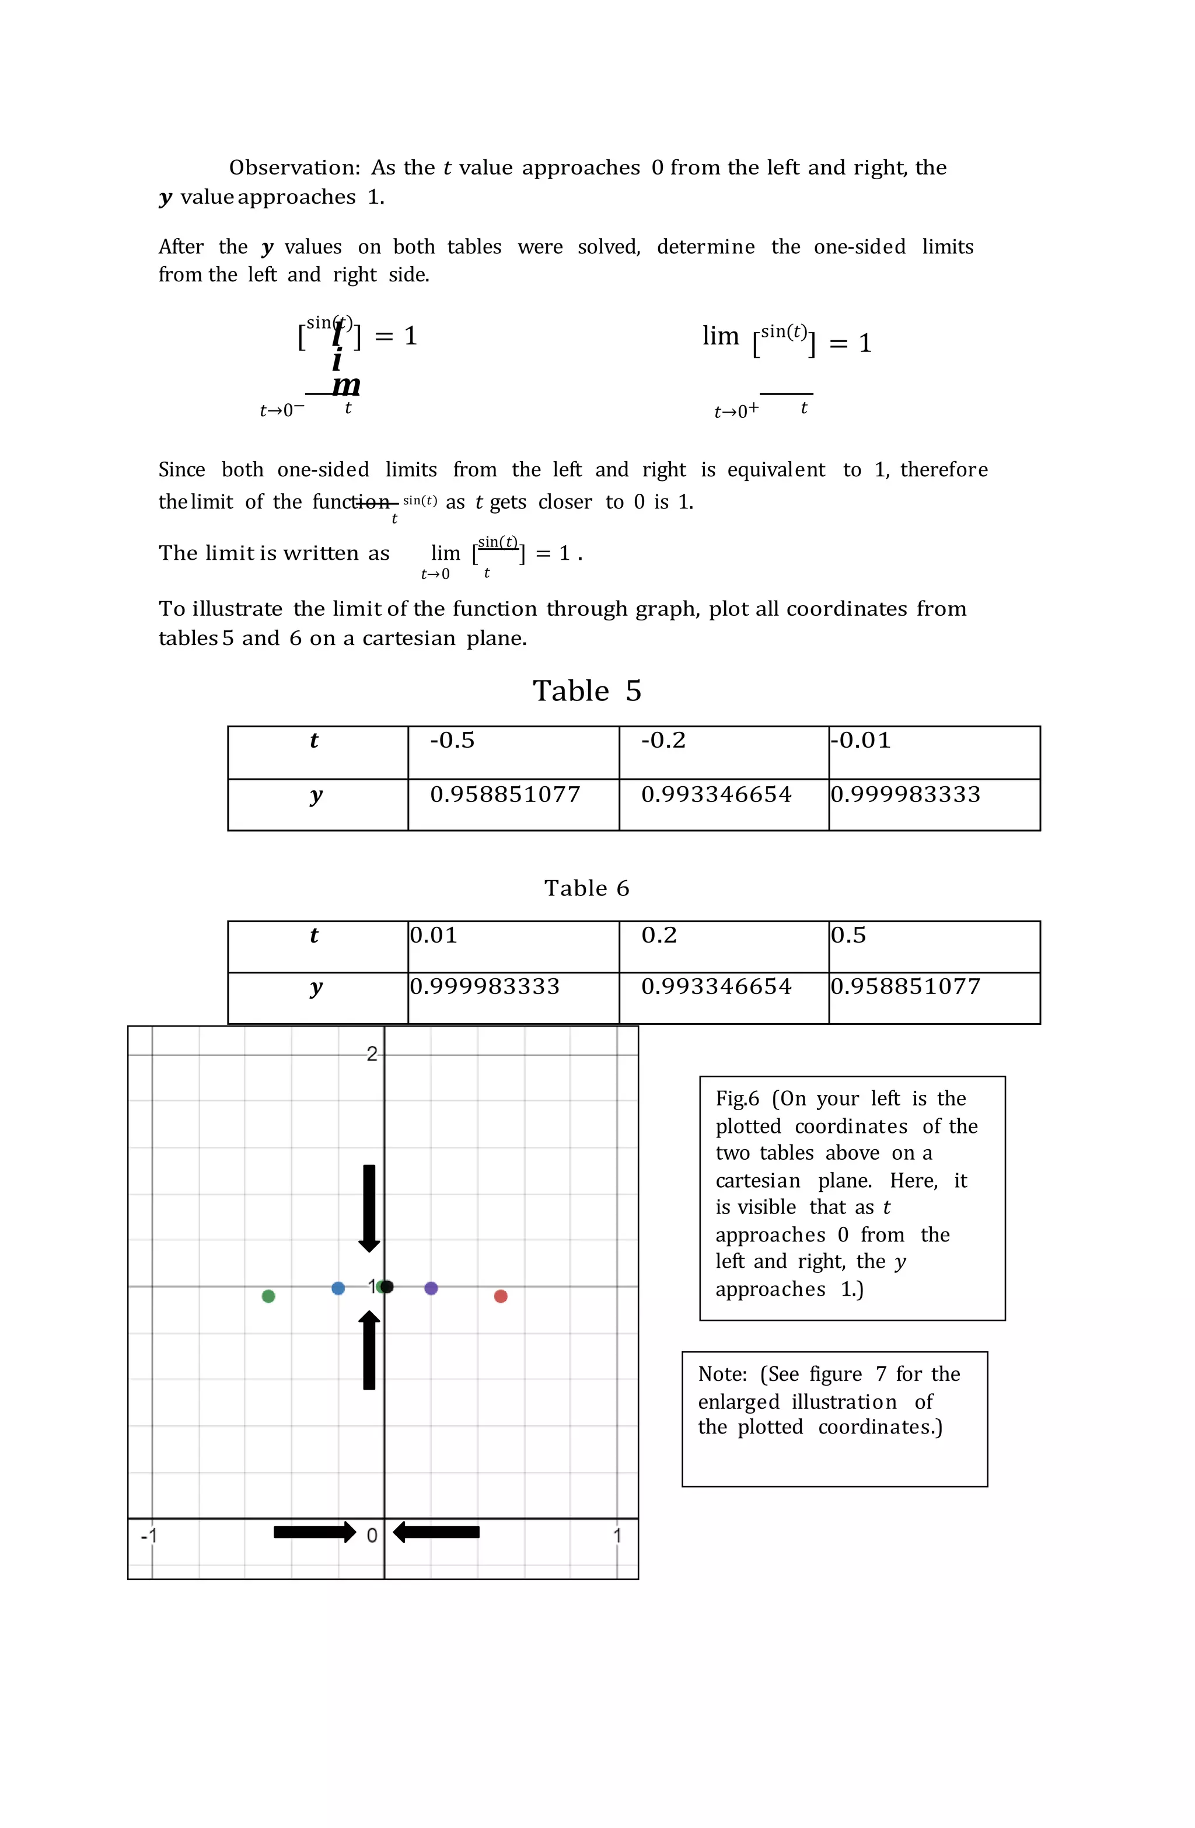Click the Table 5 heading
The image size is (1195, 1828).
[x=587, y=691]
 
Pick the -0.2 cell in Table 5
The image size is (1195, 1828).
[x=663, y=741]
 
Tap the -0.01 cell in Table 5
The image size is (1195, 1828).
[x=861, y=741]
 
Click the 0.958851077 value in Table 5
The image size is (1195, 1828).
[x=505, y=794]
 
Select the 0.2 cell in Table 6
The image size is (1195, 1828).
[x=659, y=936]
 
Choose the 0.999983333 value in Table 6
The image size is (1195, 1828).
[x=485, y=987]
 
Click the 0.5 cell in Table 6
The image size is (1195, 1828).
[x=848, y=936]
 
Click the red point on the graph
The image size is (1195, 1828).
[x=501, y=1296]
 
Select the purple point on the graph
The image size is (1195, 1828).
[x=431, y=1288]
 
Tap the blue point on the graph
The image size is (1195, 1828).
[x=338, y=1288]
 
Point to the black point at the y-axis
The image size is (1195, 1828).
[x=388, y=1286]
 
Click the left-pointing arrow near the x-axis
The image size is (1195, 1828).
[x=436, y=1532]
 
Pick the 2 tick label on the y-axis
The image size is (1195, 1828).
[x=372, y=1055]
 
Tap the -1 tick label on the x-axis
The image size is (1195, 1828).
[x=149, y=1536]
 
